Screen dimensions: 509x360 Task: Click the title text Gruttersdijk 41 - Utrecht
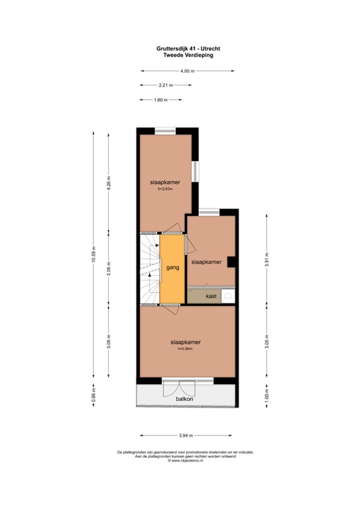(179, 48)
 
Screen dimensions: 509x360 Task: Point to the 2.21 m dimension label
(166, 85)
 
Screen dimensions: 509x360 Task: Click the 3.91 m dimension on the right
(267, 261)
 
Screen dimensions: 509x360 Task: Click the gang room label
(173, 268)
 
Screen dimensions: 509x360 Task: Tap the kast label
(211, 296)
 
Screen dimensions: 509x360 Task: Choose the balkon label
(185, 398)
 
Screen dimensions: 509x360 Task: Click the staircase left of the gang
(150, 268)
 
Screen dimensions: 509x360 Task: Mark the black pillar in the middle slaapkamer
(231, 262)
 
